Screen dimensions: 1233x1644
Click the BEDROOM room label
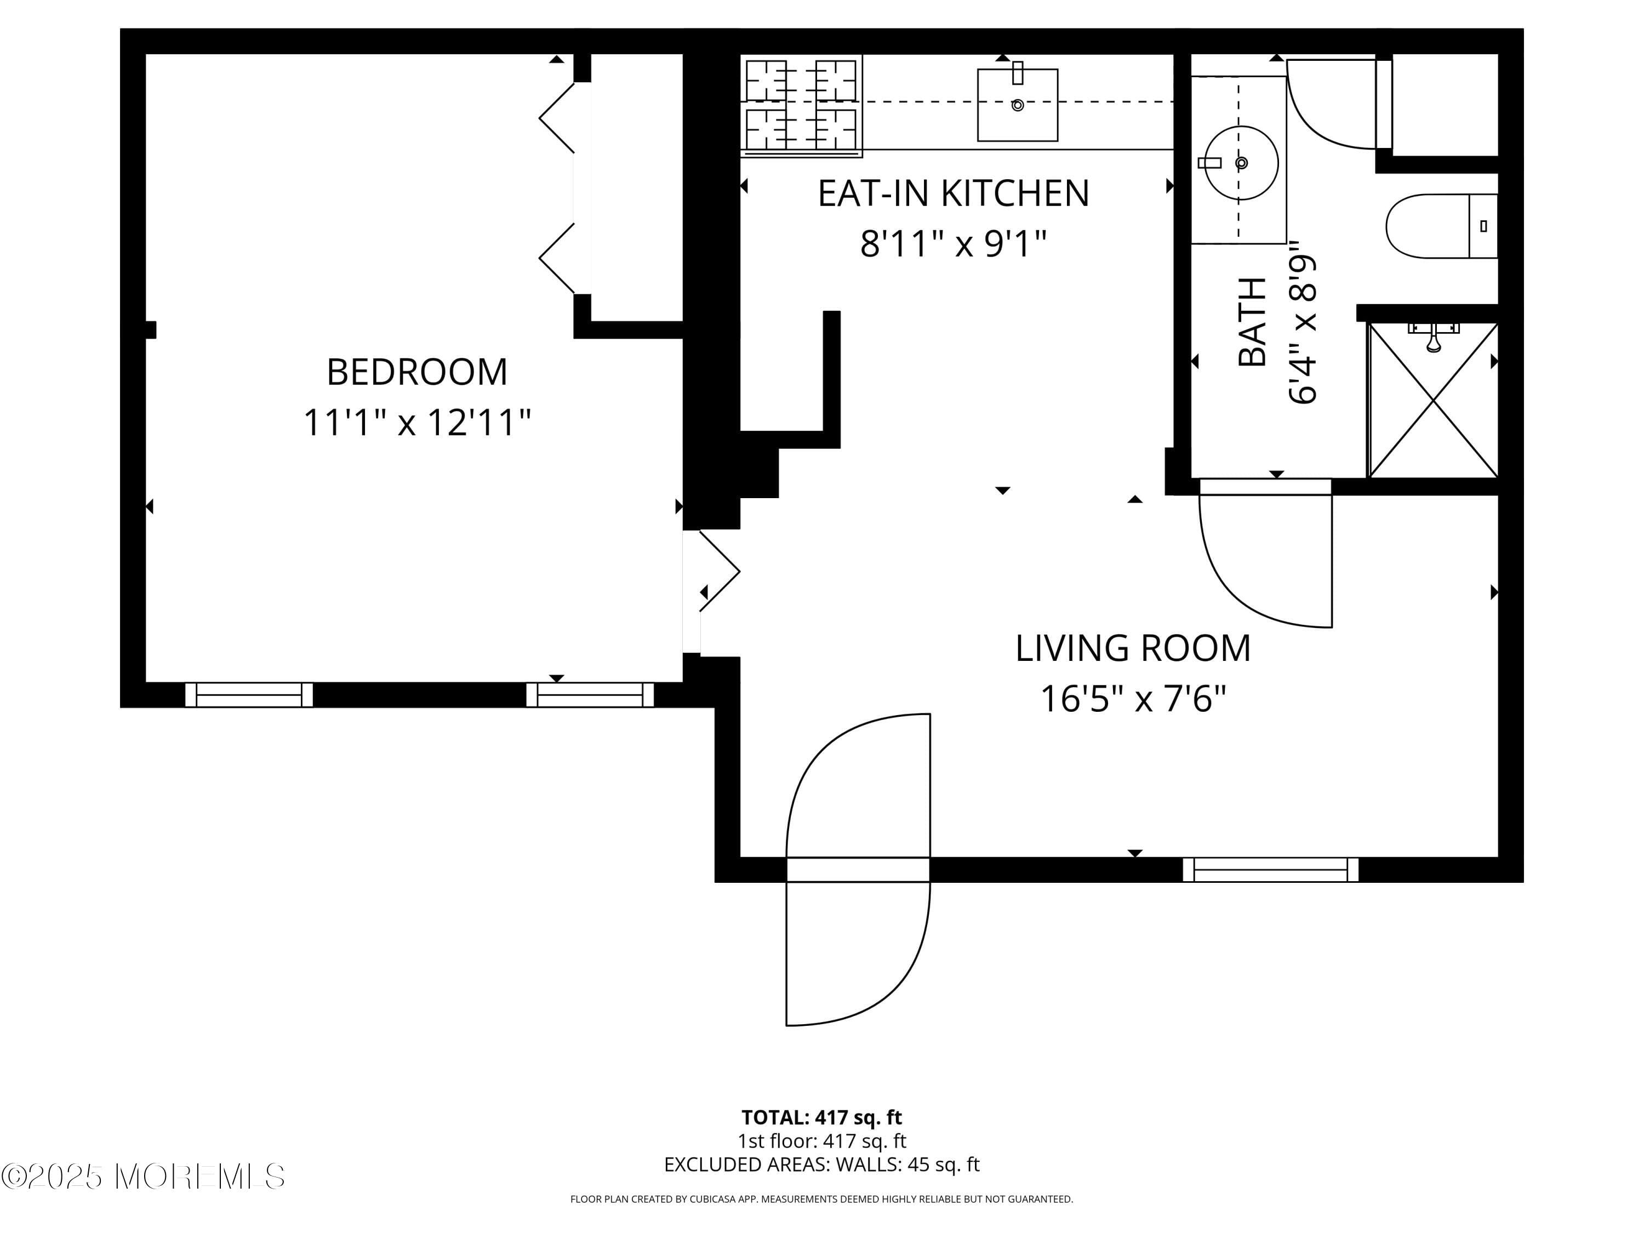[x=417, y=372]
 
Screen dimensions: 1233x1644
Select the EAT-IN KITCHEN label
[x=953, y=193]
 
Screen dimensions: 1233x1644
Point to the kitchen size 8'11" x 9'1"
[x=953, y=244]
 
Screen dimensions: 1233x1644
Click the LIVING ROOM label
[x=1133, y=648]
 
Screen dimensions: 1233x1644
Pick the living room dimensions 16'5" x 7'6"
[x=1133, y=699]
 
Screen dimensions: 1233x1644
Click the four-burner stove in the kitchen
[x=801, y=106]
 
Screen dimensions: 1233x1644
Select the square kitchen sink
[x=1017, y=105]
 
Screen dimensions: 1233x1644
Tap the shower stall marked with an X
[x=1433, y=401]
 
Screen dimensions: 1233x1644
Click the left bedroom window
[x=249, y=695]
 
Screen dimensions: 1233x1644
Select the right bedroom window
[x=590, y=695]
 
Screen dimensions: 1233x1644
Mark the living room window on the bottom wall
[x=1270, y=870]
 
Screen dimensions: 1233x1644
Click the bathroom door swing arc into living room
[x=1256, y=565]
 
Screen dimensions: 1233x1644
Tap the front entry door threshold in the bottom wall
[x=858, y=870]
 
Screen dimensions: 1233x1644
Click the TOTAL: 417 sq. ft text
[x=821, y=1117]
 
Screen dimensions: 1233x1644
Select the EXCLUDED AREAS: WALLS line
[x=821, y=1164]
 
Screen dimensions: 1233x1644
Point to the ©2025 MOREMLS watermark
[x=142, y=1177]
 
